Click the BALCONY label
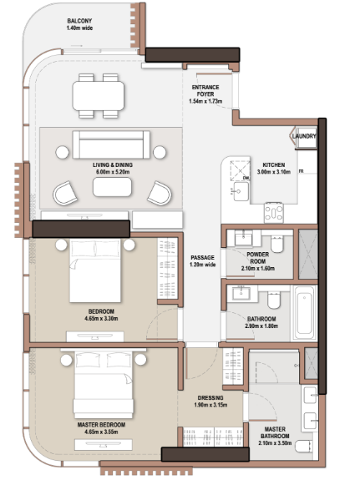click(79, 21)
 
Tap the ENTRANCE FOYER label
click(205, 91)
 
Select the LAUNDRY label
click(304, 136)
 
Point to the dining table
click(99, 96)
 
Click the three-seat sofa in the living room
click(111, 144)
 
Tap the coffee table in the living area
click(112, 187)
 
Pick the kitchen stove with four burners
click(274, 213)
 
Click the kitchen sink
click(241, 191)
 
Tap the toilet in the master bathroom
click(303, 447)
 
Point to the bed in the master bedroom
click(104, 385)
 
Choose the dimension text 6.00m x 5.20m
click(113, 172)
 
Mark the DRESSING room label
click(210, 398)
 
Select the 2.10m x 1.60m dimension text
click(258, 269)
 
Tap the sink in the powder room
click(243, 239)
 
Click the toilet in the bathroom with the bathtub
click(274, 301)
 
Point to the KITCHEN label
click(274, 164)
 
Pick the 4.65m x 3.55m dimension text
click(101, 432)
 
